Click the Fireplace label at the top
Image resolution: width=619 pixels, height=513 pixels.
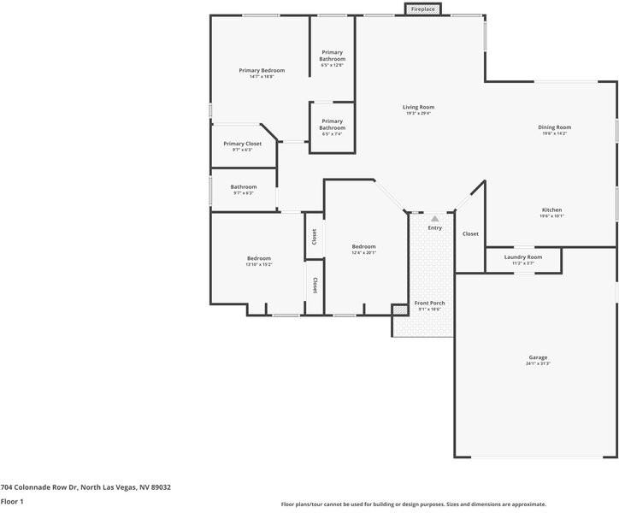422,9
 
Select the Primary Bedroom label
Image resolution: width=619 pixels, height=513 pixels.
262,70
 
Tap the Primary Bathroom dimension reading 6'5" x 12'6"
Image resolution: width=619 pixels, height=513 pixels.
333,65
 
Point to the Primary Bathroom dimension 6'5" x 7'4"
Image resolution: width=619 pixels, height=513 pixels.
333,133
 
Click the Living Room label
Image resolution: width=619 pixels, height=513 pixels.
419,107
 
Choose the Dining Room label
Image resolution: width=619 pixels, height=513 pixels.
554,127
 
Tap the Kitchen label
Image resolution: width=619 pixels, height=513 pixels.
551,209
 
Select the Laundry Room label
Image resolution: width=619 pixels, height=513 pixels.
522,256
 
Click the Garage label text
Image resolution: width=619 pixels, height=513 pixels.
538,357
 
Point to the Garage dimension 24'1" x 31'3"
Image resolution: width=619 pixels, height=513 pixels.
538,364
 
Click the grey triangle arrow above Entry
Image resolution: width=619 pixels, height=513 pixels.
434,219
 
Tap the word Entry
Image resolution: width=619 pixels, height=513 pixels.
434,227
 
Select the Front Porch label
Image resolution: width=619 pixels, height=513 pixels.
430,303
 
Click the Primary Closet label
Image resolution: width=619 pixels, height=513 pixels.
243,144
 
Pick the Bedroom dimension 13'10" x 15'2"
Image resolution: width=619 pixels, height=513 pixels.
259,265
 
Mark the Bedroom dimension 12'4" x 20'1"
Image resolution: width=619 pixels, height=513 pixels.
363,253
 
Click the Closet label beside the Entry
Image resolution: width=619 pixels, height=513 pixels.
470,233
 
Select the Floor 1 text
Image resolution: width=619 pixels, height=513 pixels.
12,502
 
